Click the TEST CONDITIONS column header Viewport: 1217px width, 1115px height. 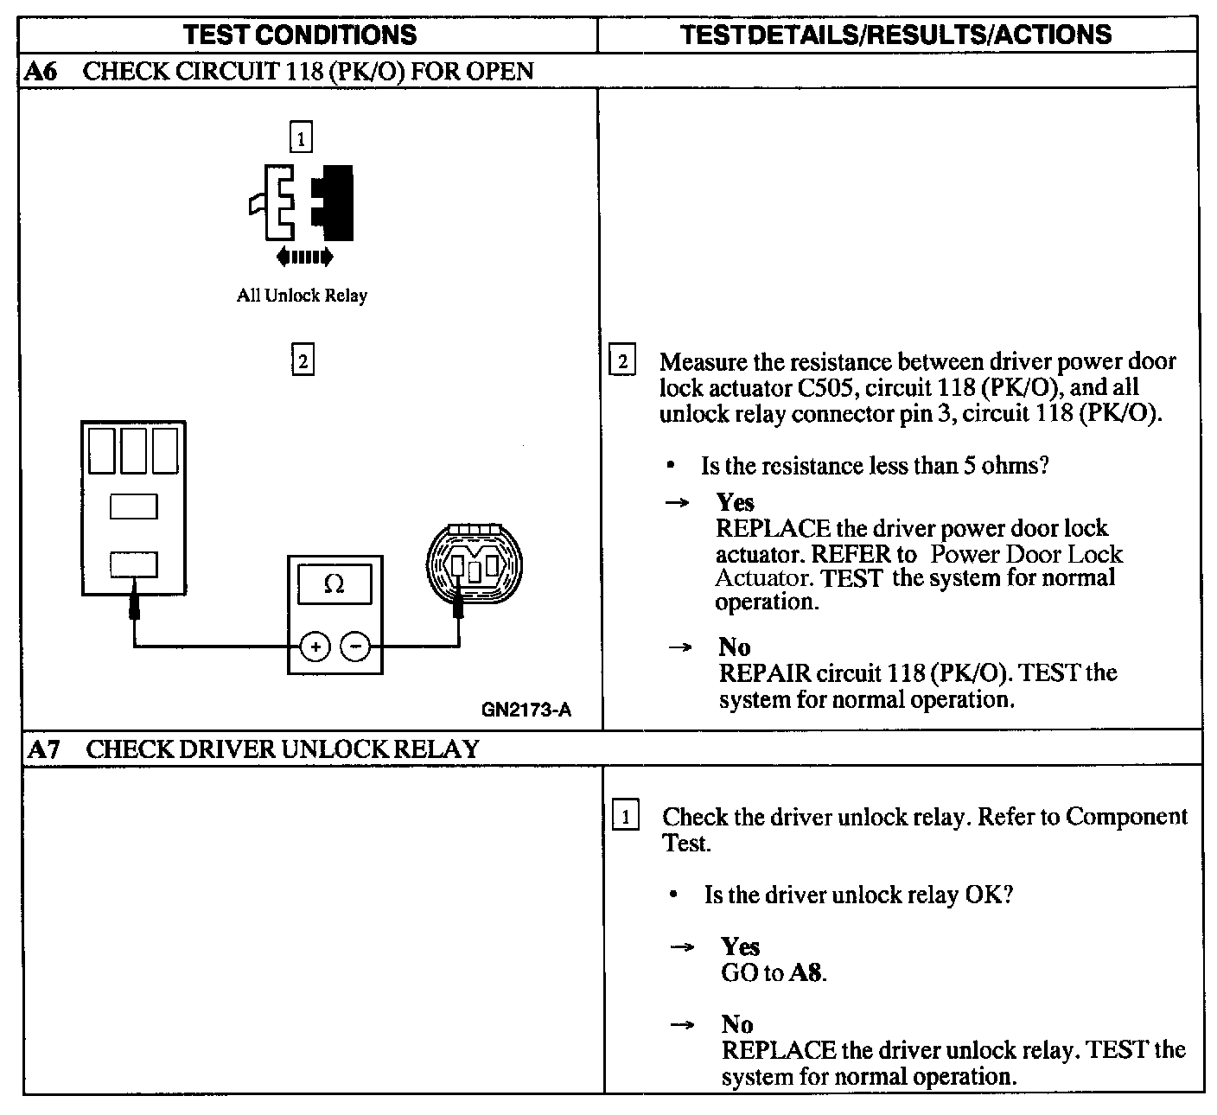(300, 35)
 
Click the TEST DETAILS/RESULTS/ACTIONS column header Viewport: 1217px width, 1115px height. (895, 35)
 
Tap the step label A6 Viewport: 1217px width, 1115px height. (41, 71)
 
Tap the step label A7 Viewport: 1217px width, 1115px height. (42, 749)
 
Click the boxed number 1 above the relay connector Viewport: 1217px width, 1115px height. (301, 138)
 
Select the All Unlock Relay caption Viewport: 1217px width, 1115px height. (302, 296)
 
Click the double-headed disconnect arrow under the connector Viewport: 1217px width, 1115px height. (303, 256)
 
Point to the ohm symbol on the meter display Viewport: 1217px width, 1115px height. (334, 585)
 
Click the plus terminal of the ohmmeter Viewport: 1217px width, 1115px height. (315, 646)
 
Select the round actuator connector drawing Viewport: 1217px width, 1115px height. (475, 566)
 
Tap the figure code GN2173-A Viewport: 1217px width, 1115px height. (526, 710)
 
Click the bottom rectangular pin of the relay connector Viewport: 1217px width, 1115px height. (133, 564)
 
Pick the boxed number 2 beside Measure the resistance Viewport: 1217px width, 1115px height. (622, 360)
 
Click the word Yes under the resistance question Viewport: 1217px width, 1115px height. (736, 502)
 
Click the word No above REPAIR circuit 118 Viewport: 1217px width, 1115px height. (734, 647)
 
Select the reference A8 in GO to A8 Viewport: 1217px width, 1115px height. (806, 973)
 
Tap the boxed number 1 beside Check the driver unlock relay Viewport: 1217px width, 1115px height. (626, 816)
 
